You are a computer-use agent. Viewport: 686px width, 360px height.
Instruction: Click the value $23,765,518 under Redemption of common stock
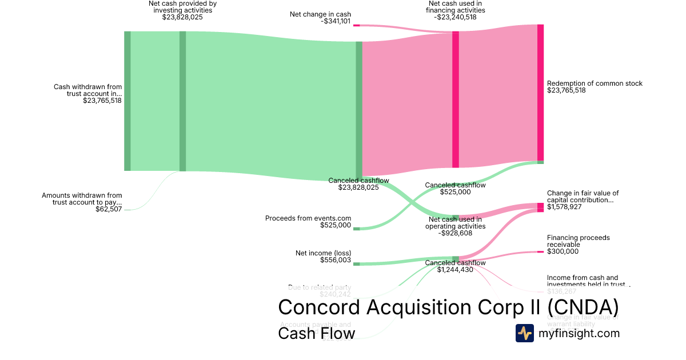click(x=566, y=90)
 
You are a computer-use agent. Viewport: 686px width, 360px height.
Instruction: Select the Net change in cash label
click(x=320, y=14)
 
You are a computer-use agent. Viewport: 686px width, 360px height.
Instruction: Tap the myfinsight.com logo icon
click(x=524, y=333)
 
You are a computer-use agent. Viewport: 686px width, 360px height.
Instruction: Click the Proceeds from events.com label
click(x=308, y=218)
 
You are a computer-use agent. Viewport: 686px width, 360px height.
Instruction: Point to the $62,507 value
click(x=109, y=209)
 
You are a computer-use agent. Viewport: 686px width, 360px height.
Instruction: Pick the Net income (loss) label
click(x=323, y=253)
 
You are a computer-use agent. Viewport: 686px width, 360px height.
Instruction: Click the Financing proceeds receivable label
click(x=578, y=241)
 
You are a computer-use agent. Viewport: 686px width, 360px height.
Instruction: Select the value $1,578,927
click(x=564, y=207)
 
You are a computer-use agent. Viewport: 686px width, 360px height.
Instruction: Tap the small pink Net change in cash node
click(x=356, y=25)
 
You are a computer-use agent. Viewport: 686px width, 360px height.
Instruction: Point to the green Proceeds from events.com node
click(x=356, y=229)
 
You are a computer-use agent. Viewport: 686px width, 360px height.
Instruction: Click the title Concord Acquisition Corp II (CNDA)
click(x=448, y=307)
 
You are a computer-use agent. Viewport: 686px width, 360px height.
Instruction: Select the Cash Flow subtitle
click(x=316, y=333)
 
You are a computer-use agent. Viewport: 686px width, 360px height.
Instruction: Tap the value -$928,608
click(x=455, y=233)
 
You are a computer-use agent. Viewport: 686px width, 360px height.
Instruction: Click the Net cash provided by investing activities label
click(x=182, y=6)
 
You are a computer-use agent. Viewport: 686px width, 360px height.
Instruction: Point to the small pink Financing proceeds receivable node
click(x=540, y=251)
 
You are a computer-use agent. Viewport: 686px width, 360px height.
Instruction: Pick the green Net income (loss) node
click(x=356, y=263)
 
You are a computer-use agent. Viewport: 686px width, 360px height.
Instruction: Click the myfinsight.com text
click(x=579, y=333)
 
